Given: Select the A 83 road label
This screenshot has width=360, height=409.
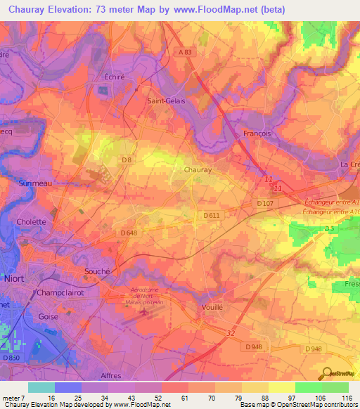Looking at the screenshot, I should pos(184,52).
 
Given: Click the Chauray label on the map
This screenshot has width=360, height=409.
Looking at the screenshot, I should pos(198,170).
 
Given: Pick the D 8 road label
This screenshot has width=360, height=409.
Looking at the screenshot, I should pos(127,160).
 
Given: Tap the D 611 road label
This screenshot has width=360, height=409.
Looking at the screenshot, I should pos(212,215).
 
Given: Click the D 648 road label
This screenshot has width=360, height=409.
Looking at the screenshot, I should pos(128,233).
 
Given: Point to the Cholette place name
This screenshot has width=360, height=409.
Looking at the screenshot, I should pos(32,222).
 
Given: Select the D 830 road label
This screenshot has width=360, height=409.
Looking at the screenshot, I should pos(11,358).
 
